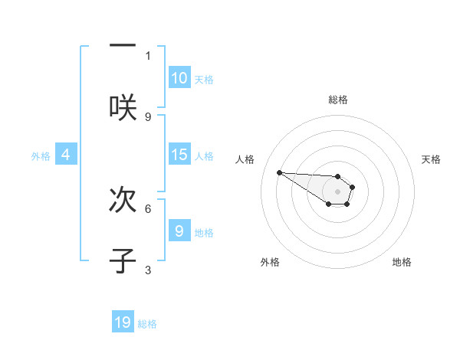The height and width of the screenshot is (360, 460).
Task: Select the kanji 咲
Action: (x=123, y=106)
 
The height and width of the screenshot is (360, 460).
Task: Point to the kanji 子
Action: (x=123, y=260)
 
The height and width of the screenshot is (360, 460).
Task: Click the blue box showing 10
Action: (x=179, y=78)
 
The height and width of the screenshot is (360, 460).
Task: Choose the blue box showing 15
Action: (x=179, y=155)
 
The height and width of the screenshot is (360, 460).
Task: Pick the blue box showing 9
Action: (x=179, y=231)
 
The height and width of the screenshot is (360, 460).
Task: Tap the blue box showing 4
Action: (x=66, y=155)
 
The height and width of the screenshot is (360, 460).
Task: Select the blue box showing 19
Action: (x=123, y=322)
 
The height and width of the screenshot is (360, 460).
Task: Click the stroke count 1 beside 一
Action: (x=149, y=55)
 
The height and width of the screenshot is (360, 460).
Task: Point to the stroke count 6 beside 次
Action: (x=149, y=208)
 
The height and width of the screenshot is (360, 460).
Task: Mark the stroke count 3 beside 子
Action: (x=149, y=269)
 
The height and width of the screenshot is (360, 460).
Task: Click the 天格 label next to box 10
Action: (x=204, y=79)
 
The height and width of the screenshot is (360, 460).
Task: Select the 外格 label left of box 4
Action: (x=41, y=155)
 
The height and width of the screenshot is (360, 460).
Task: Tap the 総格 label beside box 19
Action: (x=147, y=323)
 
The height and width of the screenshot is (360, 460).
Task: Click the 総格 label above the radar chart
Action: (x=338, y=100)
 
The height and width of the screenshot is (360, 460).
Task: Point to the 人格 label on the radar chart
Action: (x=245, y=159)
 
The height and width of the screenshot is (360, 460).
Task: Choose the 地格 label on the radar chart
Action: (x=402, y=262)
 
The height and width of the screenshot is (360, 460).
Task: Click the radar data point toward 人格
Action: (x=280, y=172)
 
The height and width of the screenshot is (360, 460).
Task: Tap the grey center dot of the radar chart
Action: (x=337, y=191)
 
